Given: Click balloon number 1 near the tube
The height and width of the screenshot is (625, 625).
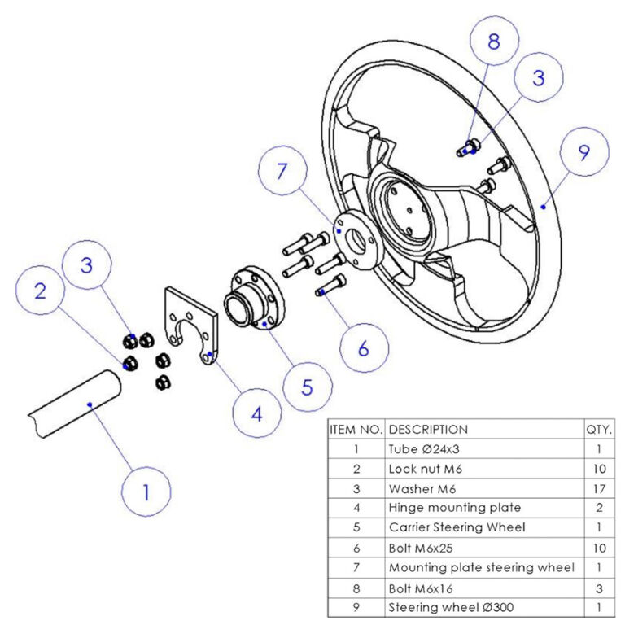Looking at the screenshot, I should click(146, 492).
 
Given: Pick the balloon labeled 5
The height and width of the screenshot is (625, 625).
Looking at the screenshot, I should click(307, 386).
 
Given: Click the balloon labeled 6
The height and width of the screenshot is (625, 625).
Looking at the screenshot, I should click(363, 348).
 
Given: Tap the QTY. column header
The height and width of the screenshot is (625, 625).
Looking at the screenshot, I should click(599, 429).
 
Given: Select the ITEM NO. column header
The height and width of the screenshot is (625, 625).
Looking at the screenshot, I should click(356, 429).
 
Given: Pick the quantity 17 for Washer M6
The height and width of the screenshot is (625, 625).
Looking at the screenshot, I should click(599, 487).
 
